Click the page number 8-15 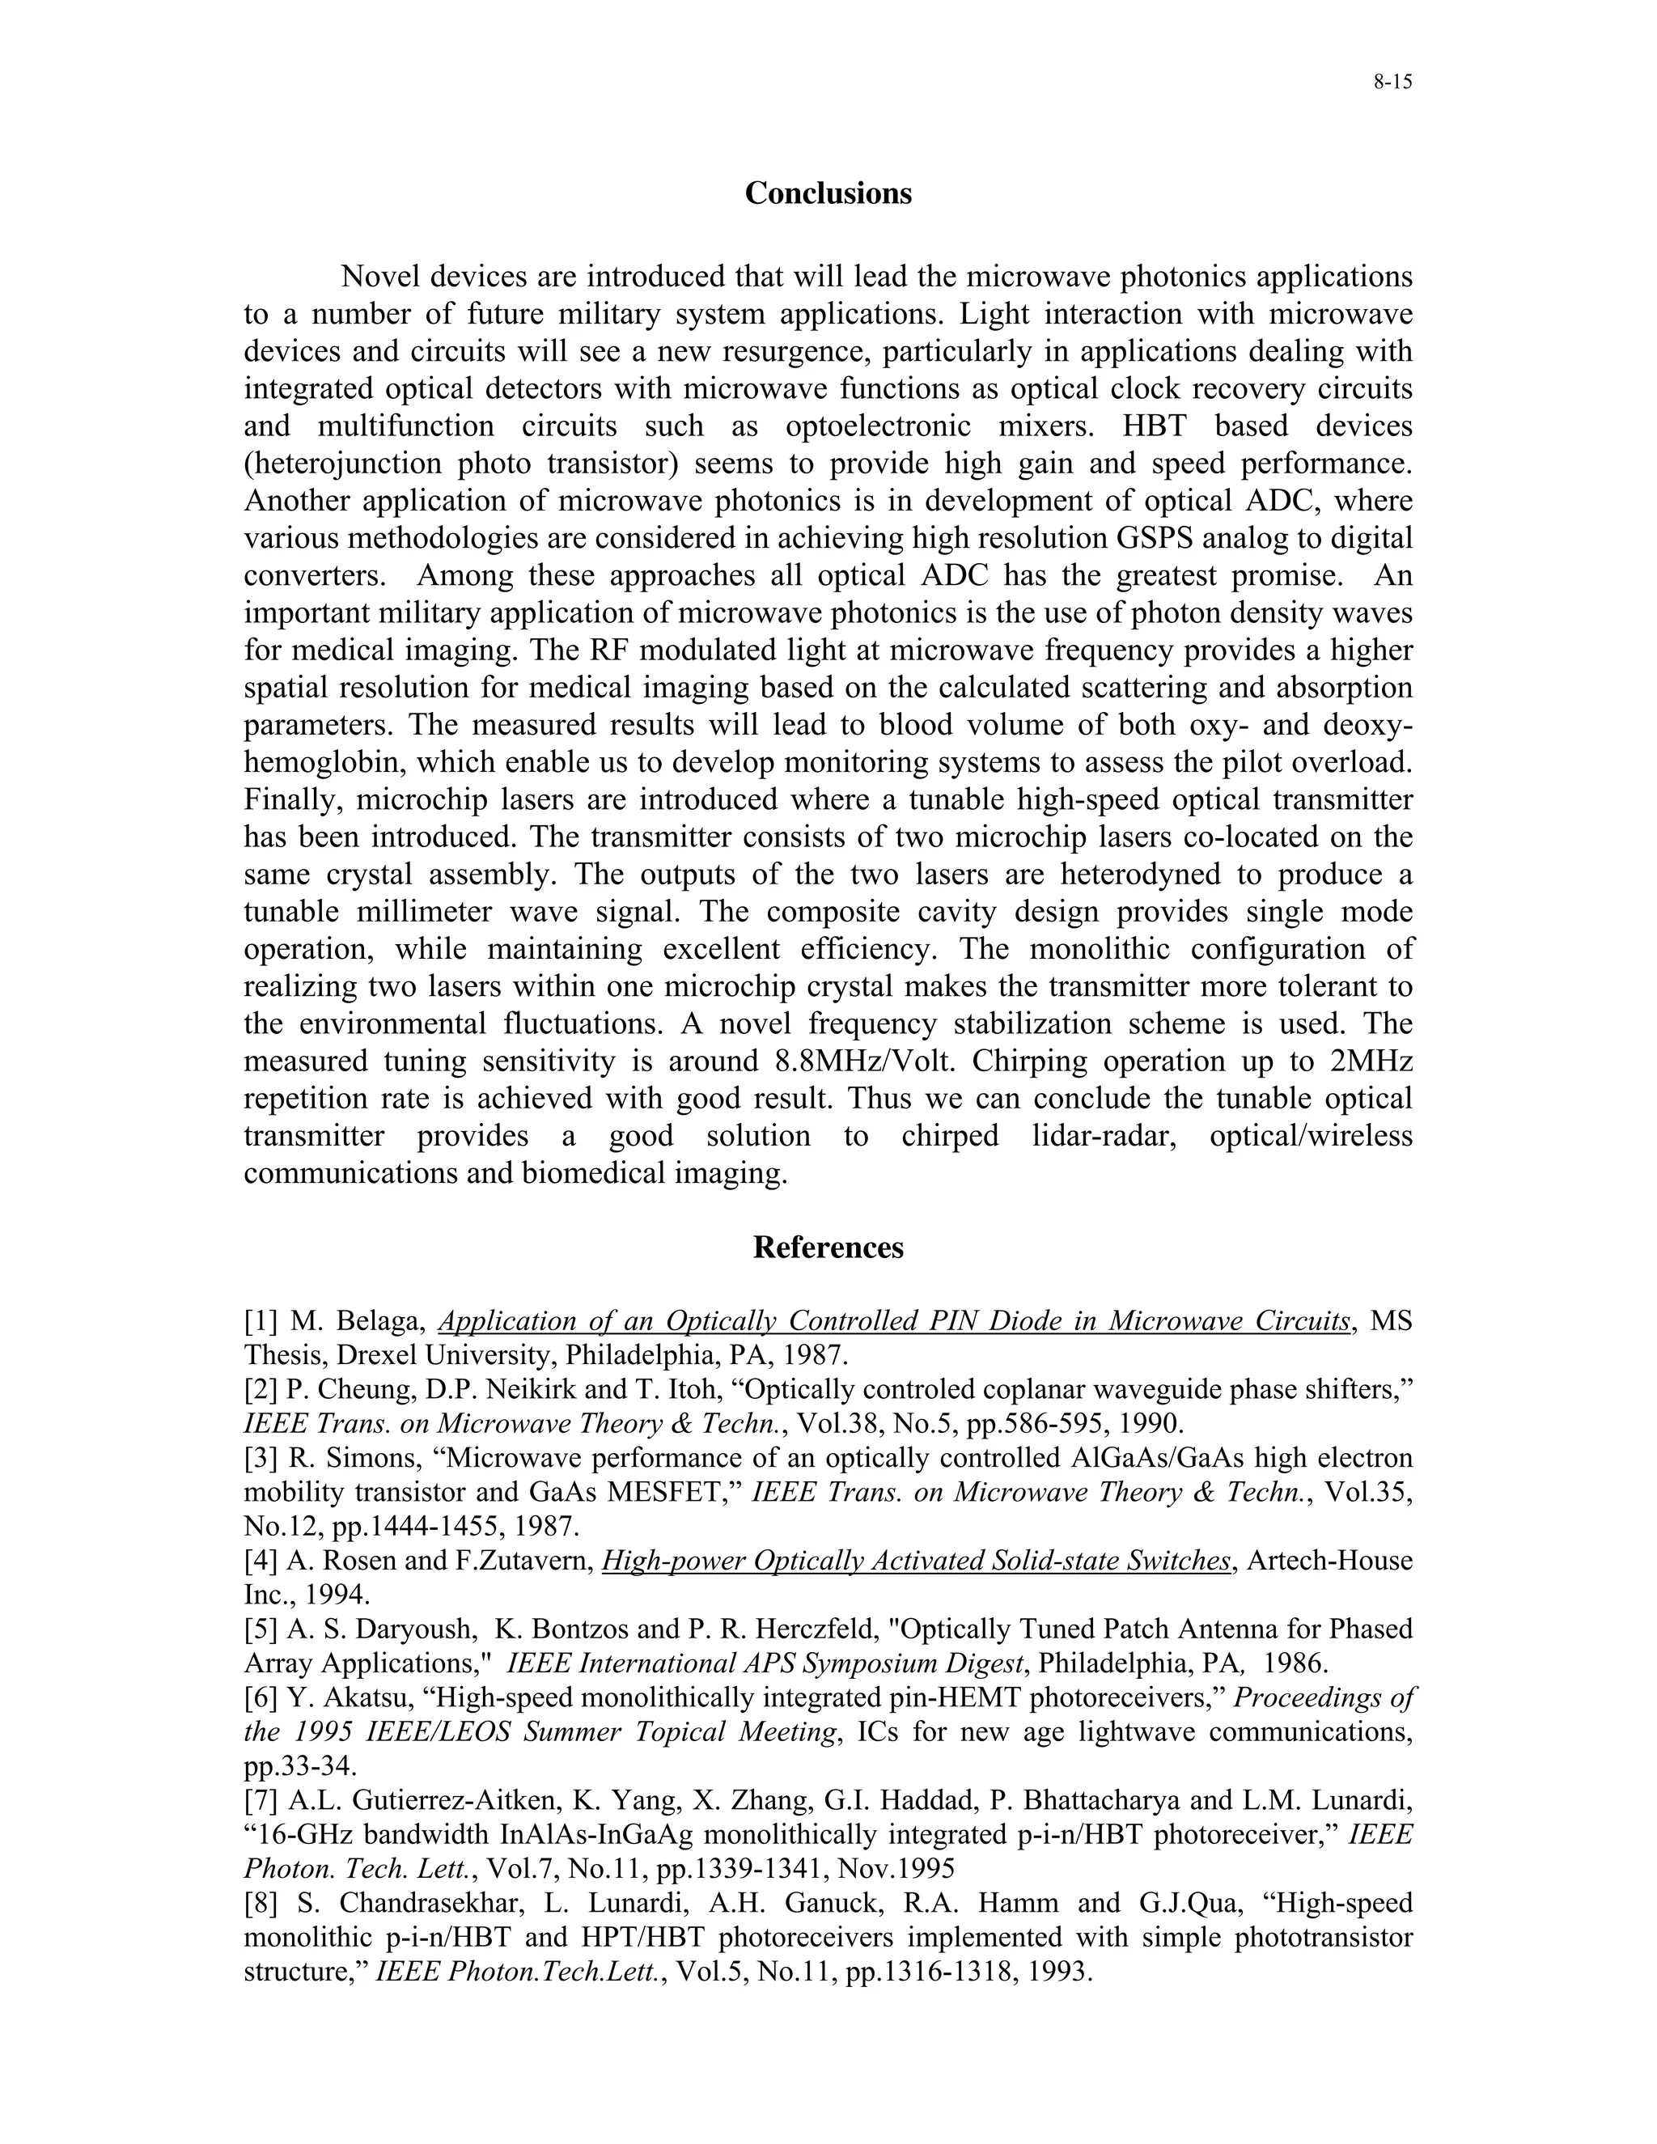pos(1392,83)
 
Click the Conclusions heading pos(828,193)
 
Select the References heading pos(828,1248)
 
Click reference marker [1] pos(261,1321)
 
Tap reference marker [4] pos(261,1561)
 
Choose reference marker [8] pos(261,1904)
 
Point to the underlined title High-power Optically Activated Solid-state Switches pos(915,1561)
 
